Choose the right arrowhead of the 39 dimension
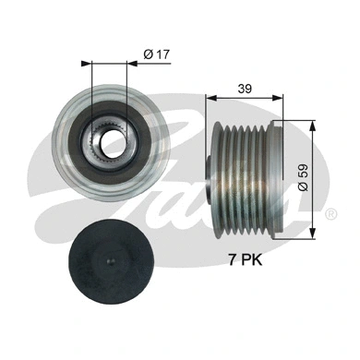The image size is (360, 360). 279,97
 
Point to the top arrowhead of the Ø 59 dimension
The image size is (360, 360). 316,126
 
